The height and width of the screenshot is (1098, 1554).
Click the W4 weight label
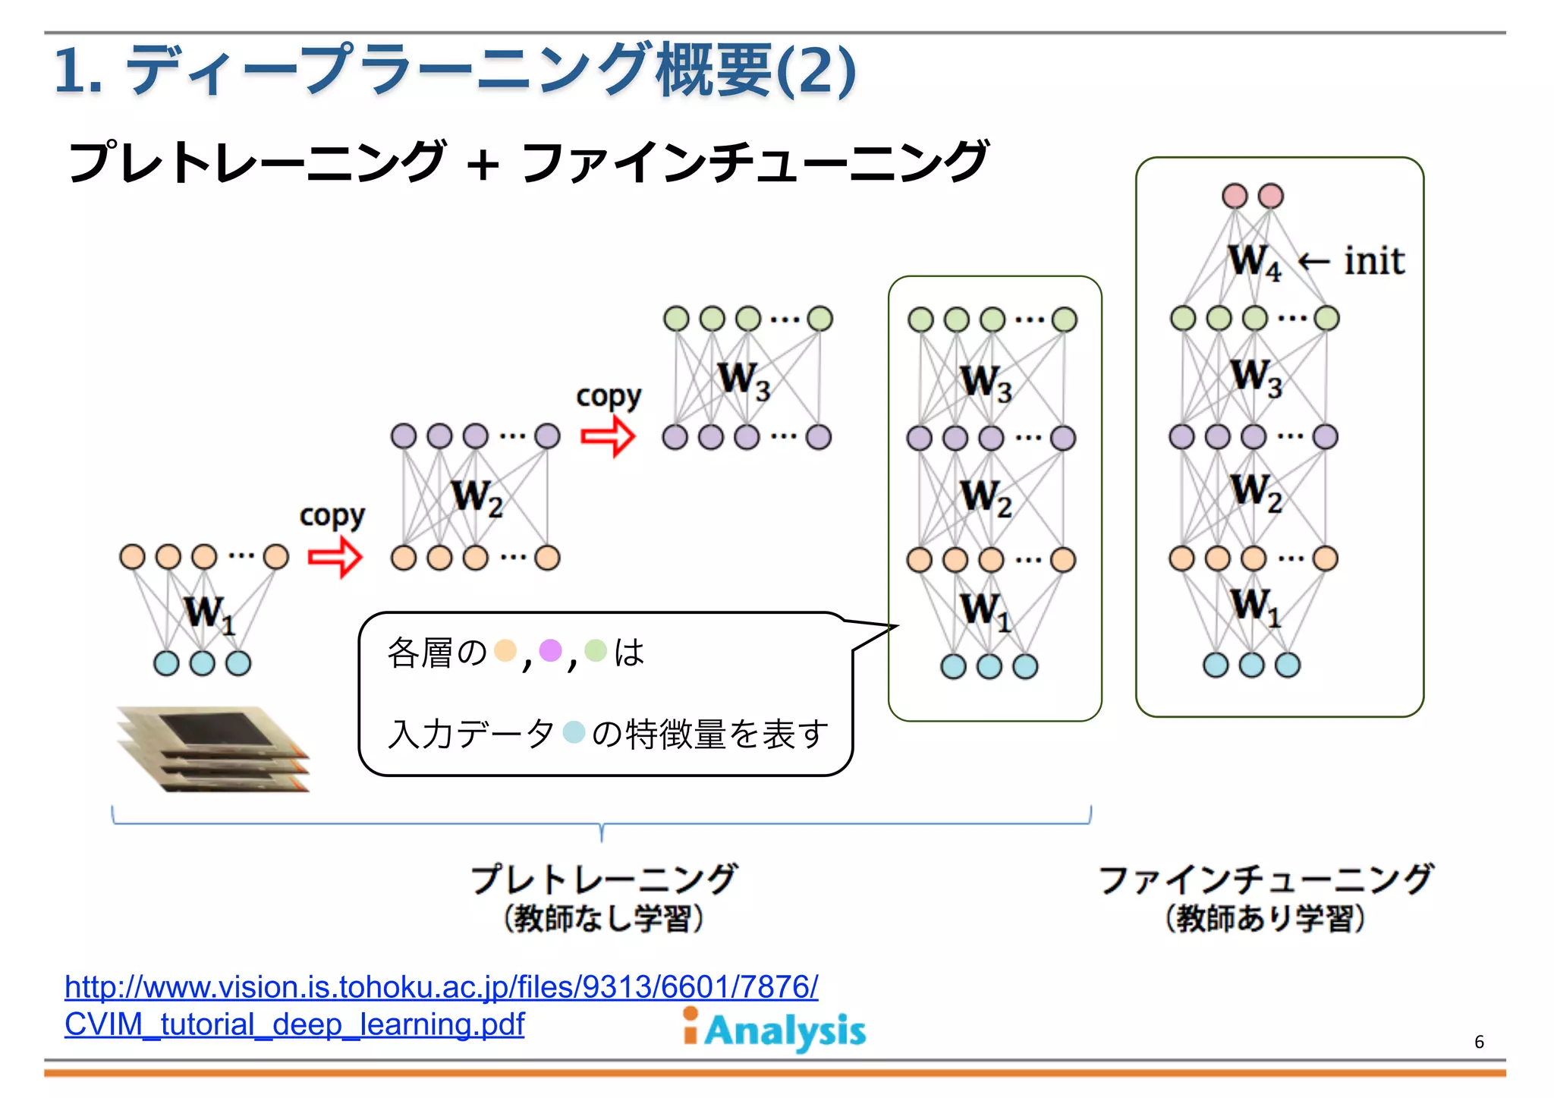1254,262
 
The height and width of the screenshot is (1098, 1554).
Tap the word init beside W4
1373,261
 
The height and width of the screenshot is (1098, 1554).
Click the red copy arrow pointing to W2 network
335,557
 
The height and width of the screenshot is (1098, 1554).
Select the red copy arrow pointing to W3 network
607,436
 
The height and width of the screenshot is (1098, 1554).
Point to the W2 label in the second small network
477,498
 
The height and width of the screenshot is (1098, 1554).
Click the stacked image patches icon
213,749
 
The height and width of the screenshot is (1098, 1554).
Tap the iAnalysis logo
774,1030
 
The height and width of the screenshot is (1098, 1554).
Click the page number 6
1478,1042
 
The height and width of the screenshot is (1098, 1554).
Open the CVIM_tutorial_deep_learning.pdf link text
294,1024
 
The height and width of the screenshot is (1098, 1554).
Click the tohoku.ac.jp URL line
441,986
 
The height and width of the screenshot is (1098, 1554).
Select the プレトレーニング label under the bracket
603,879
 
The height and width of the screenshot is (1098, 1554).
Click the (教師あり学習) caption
1265,918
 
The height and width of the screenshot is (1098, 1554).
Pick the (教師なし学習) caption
603,918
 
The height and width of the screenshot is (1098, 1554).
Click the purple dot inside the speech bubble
550,650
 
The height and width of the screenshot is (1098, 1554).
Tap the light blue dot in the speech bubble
574,732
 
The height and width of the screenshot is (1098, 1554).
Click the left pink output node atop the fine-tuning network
1235,196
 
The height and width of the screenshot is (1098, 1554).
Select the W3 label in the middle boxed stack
985,382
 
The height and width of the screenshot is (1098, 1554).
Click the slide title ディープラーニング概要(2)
455,70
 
